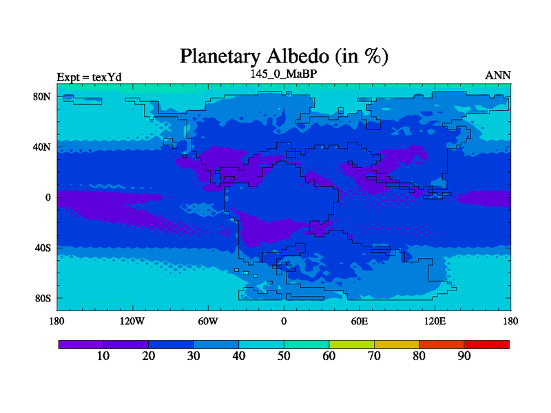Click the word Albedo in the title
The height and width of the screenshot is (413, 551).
pyautogui.click(x=298, y=56)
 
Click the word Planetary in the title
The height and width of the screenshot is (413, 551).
pyautogui.click(x=220, y=57)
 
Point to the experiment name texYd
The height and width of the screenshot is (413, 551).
pyautogui.click(x=107, y=77)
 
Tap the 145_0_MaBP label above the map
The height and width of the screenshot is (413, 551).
pyautogui.click(x=284, y=74)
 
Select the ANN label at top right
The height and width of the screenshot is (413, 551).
pyautogui.click(x=497, y=76)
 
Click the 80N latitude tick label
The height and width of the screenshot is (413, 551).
pyautogui.click(x=42, y=96)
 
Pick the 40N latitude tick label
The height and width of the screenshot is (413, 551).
pyautogui.click(x=42, y=147)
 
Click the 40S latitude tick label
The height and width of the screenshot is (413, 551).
pyautogui.click(x=43, y=248)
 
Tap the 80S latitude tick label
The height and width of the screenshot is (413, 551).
pyautogui.click(x=43, y=299)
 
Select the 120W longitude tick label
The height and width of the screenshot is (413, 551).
pyautogui.click(x=132, y=321)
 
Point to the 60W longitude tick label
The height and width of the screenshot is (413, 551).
pyautogui.click(x=208, y=321)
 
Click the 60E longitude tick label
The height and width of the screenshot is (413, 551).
pyautogui.click(x=360, y=321)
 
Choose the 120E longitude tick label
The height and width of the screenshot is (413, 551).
pyautogui.click(x=435, y=321)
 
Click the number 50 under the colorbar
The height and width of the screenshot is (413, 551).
pyautogui.click(x=284, y=356)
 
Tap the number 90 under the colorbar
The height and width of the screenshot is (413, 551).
pyautogui.click(x=464, y=356)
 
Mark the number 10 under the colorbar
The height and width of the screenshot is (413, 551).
pyautogui.click(x=103, y=356)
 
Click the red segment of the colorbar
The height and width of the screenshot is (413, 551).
pyautogui.click(x=487, y=345)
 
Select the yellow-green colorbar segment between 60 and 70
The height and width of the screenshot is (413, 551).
pyautogui.click(x=352, y=345)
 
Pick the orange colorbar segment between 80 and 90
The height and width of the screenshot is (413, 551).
pyautogui.click(x=441, y=345)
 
